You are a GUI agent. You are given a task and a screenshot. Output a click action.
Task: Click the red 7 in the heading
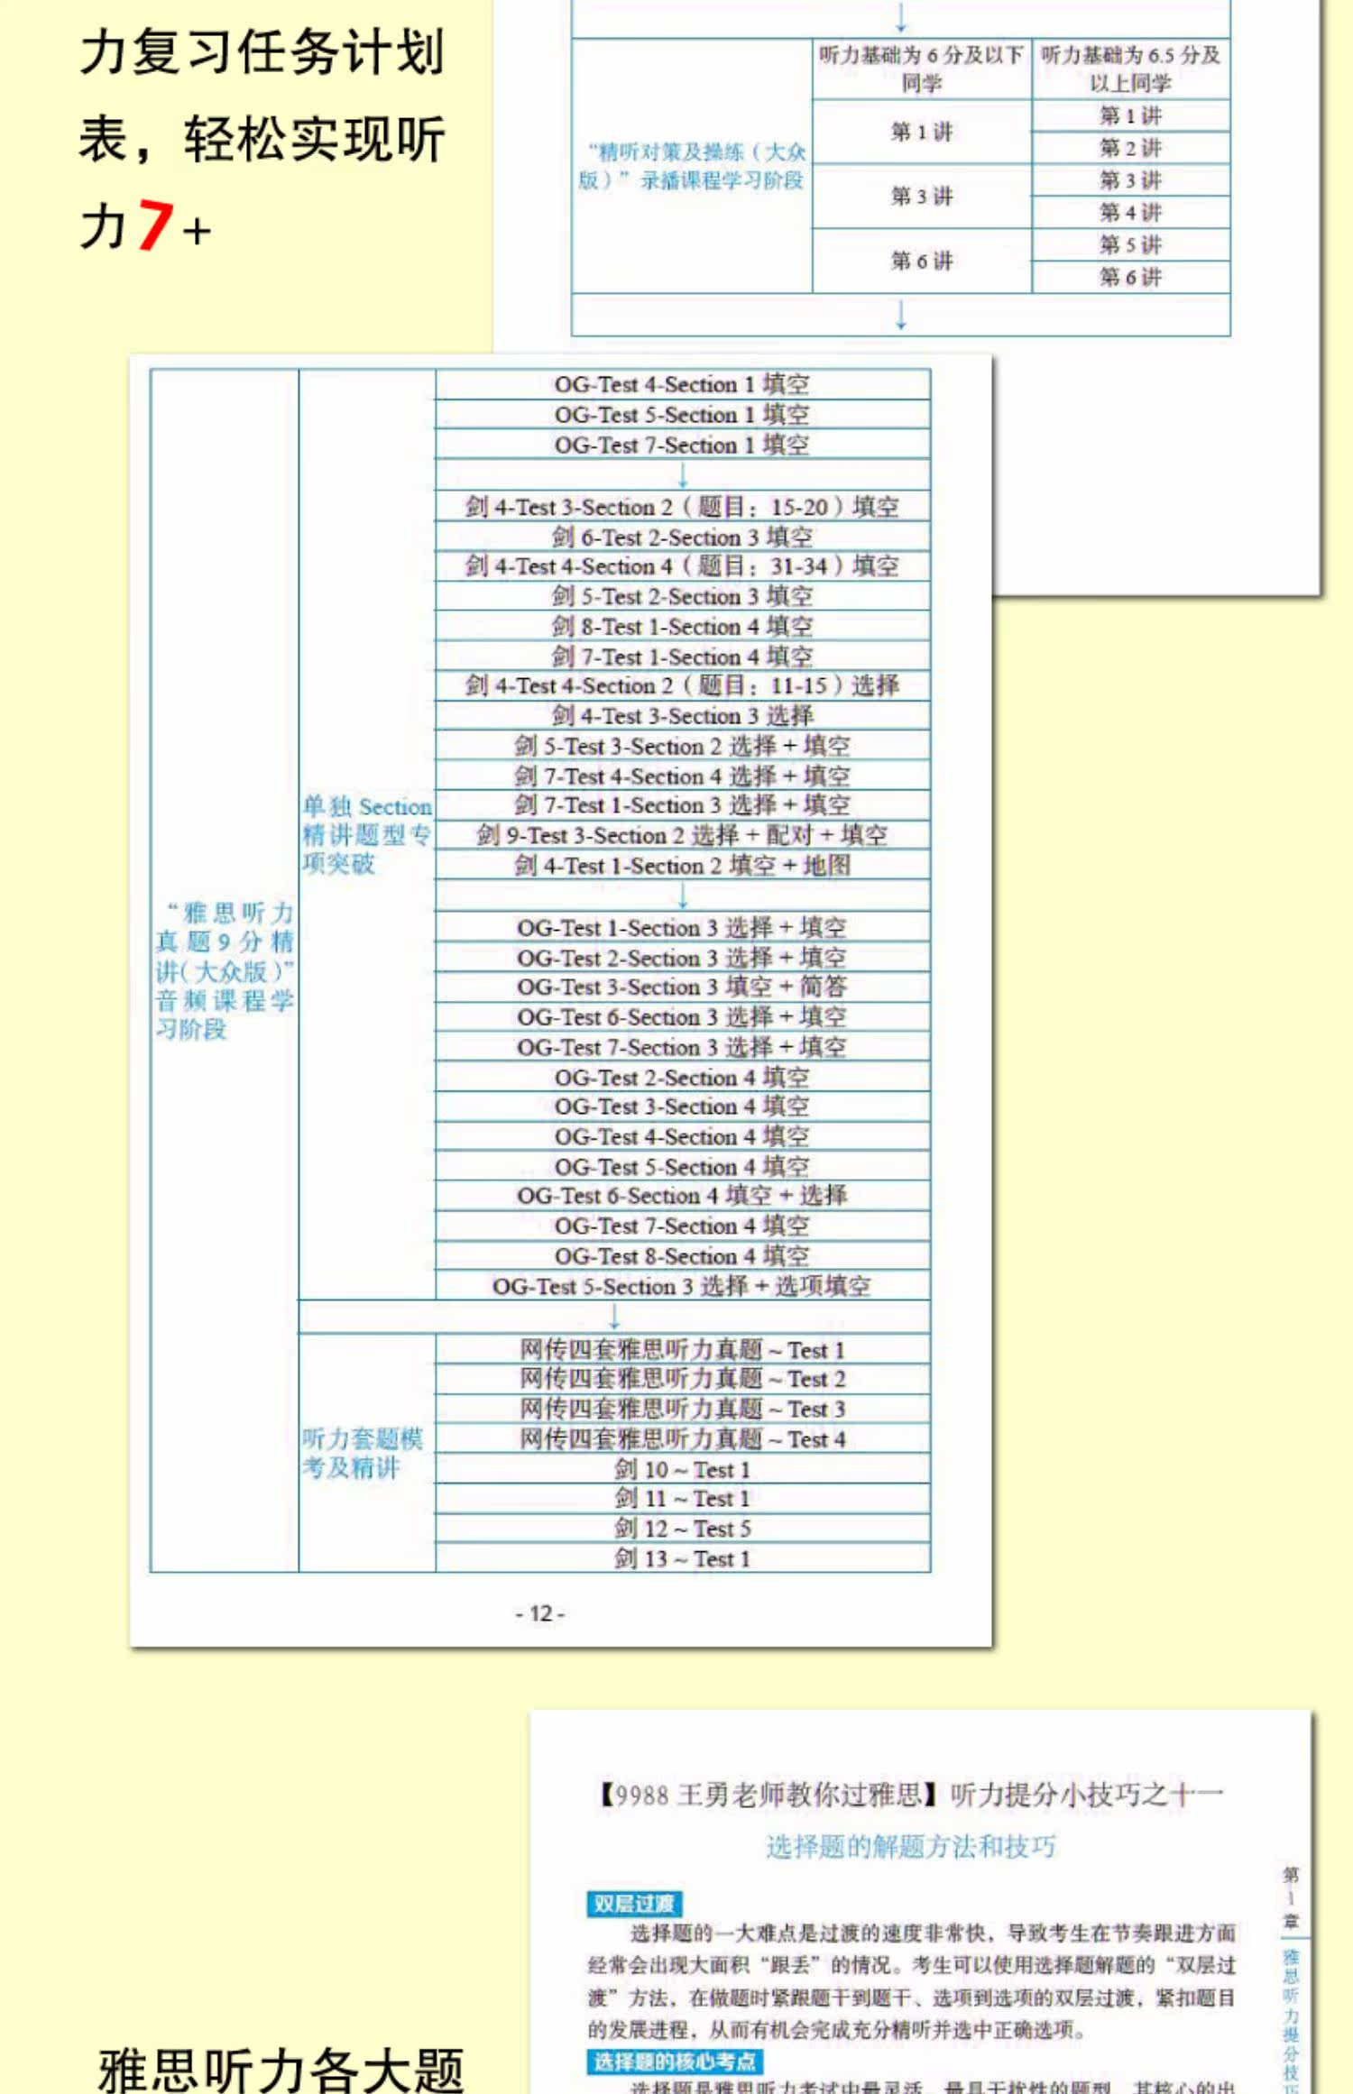click(154, 225)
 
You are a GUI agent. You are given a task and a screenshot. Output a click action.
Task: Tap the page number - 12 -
click(539, 1613)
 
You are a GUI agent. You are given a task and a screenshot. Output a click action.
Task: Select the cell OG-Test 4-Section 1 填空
click(682, 385)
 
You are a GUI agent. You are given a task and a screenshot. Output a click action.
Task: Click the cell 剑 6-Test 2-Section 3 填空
click(682, 537)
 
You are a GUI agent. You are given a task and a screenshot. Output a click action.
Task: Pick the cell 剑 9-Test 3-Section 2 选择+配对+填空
click(682, 835)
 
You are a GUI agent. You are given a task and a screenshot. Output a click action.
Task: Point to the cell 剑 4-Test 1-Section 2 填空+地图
click(682, 866)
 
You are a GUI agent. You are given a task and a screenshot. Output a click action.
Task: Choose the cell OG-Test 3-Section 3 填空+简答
click(682, 987)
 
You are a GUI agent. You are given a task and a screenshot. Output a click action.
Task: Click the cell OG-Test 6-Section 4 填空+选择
click(682, 1196)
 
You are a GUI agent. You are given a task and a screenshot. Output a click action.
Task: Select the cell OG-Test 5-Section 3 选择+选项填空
click(682, 1286)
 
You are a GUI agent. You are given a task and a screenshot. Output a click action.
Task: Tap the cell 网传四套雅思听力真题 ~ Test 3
click(682, 1409)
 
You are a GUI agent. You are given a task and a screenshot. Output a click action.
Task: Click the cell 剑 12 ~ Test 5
click(682, 1529)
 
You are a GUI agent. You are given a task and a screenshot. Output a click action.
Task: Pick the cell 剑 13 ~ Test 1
click(682, 1558)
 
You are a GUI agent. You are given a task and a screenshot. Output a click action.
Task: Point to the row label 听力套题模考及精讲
click(363, 1453)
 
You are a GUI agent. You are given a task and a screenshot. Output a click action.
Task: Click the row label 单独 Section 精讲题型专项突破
click(366, 835)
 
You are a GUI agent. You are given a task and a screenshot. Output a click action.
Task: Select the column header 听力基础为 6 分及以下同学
click(921, 69)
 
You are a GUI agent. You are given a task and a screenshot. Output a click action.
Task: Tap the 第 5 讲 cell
click(1130, 245)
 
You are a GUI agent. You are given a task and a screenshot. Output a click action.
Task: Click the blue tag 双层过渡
click(633, 1904)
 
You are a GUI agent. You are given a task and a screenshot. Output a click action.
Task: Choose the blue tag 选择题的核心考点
click(675, 2062)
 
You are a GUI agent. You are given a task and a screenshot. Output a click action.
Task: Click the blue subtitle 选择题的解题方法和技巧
click(911, 1847)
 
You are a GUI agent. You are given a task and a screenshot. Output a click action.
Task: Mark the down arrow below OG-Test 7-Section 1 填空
click(683, 475)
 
